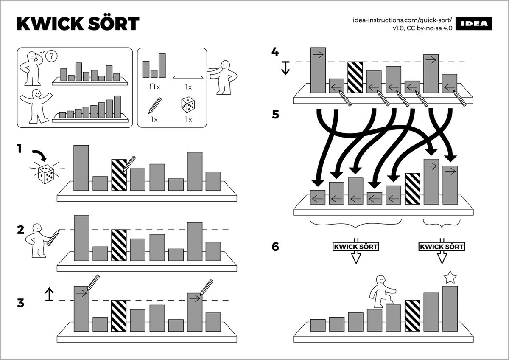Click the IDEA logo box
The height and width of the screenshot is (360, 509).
(476, 24)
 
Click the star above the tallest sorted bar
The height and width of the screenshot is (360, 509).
(450, 278)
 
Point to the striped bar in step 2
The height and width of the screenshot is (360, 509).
(119, 245)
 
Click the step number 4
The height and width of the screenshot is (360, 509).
(275, 52)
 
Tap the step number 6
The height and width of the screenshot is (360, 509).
(275, 247)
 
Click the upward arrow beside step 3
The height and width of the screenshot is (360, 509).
(50, 294)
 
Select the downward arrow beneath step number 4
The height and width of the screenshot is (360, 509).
(285, 68)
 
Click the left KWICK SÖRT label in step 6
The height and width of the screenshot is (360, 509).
(355, 246)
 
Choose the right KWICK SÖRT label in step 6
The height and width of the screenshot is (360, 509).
(441, 246)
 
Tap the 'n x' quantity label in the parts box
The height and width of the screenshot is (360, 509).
(154, 87)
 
